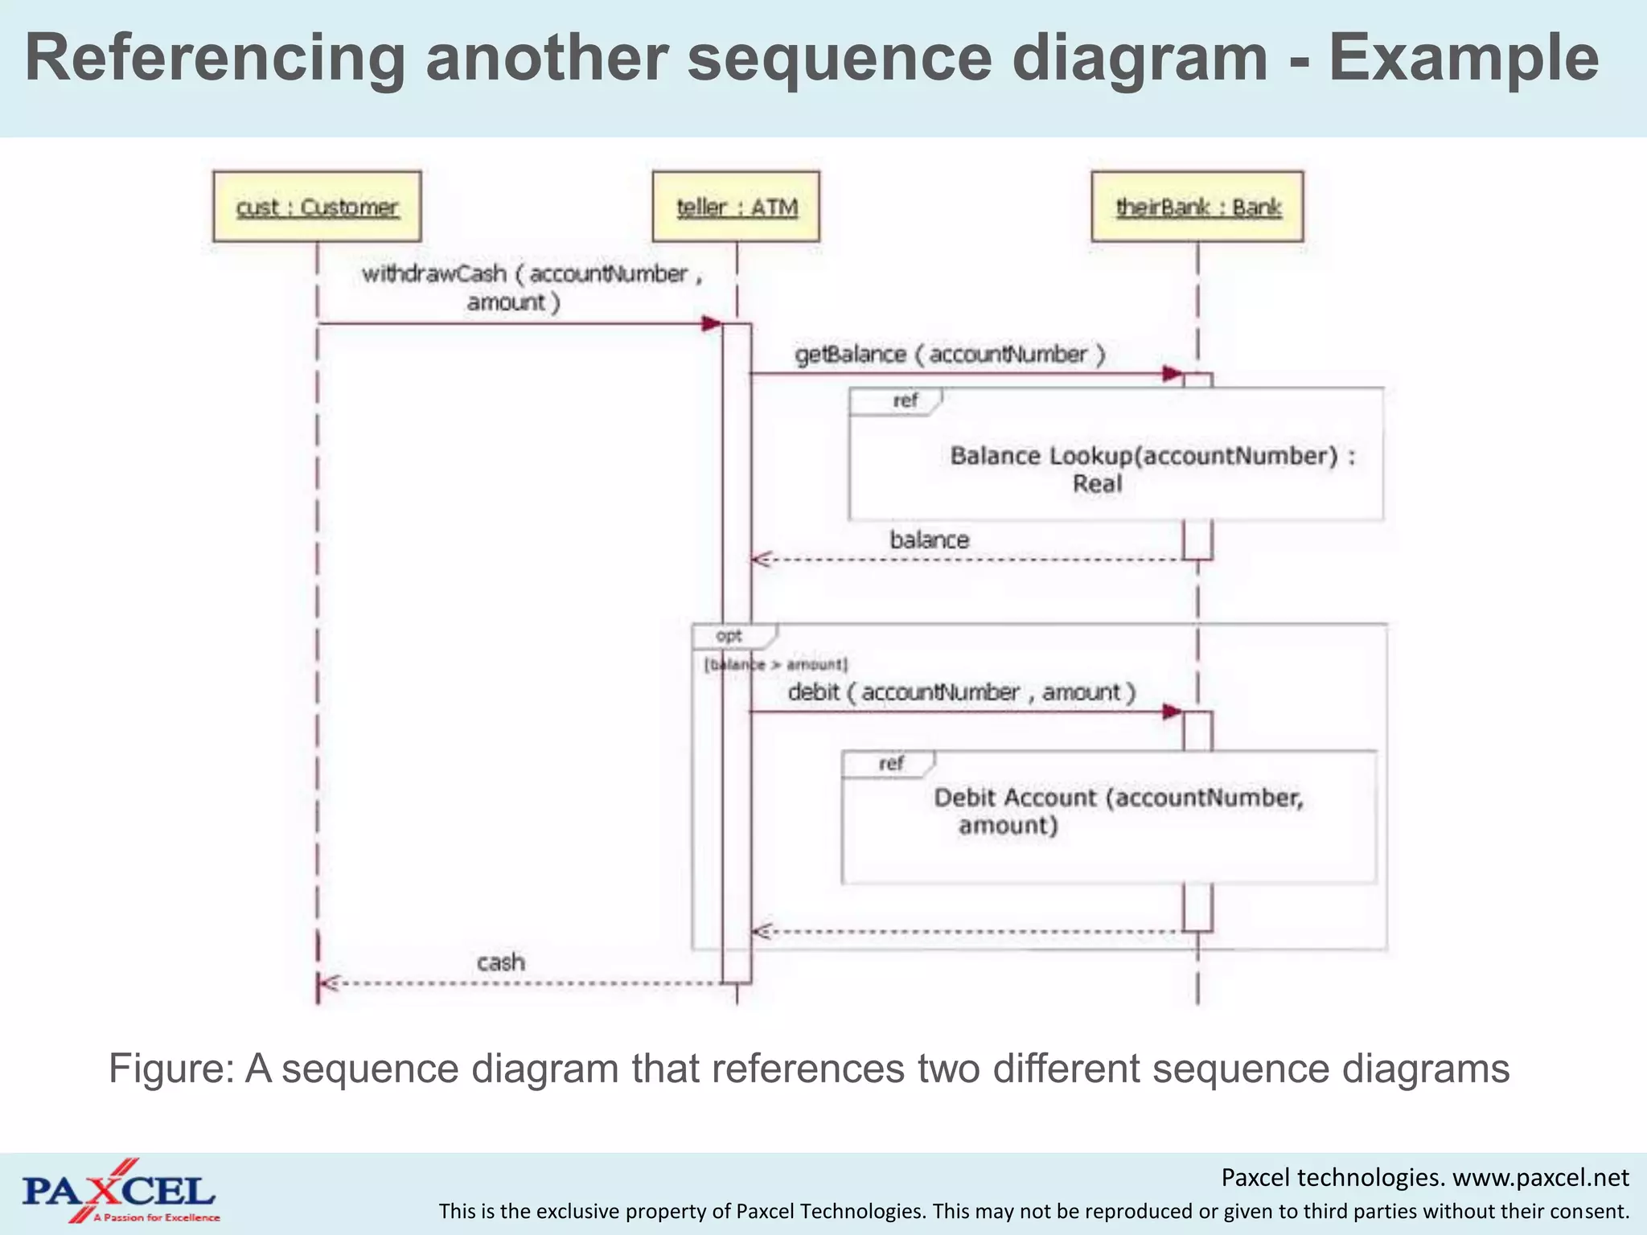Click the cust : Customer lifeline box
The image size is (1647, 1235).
point(317,207)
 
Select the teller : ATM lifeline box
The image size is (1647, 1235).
point(736,207)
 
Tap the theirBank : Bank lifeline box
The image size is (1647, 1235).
point(1197,207)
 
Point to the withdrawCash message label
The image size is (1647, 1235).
point(531,288)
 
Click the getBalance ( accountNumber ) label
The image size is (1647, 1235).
point(950,354)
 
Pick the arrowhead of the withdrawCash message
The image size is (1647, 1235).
point(712,324)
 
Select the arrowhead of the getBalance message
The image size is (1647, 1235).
point(1173,374)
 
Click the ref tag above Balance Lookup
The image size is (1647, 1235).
point(904,400)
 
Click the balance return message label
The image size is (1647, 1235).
point(929,540)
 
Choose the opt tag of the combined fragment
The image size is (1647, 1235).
point(729,636)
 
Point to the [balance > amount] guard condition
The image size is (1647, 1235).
point(776,664)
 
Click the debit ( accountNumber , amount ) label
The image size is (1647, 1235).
point(961,691)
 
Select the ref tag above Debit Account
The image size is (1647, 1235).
point(891,763)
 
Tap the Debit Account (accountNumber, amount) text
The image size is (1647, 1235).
point(1117,810)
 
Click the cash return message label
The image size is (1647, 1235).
point(500,962)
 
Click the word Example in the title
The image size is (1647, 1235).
point(1463,58)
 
